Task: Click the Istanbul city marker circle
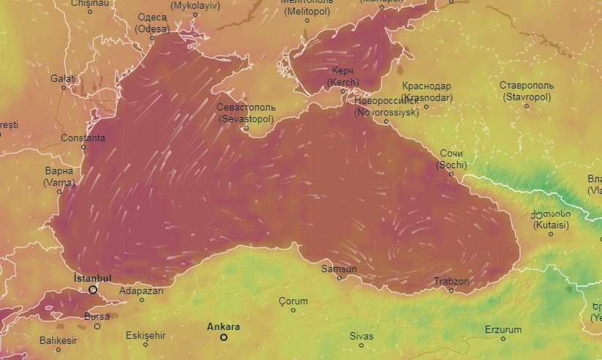point(93,290)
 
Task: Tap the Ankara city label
point(223,327)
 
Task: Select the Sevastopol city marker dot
point(246,128)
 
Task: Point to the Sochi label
point(452,160)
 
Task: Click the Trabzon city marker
point(451,290)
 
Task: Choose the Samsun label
point(339,269)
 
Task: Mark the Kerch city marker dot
point(343,91)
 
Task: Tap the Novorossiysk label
point(386,108)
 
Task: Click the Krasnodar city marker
point(426,107)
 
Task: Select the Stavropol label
point(527,91)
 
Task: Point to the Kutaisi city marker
point(551,234)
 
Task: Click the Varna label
point(59,176)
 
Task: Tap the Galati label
point(63,78)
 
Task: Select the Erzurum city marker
point(503,339)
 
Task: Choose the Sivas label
point(361,336)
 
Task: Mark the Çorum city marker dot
point(293,310)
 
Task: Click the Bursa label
point(97,316)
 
